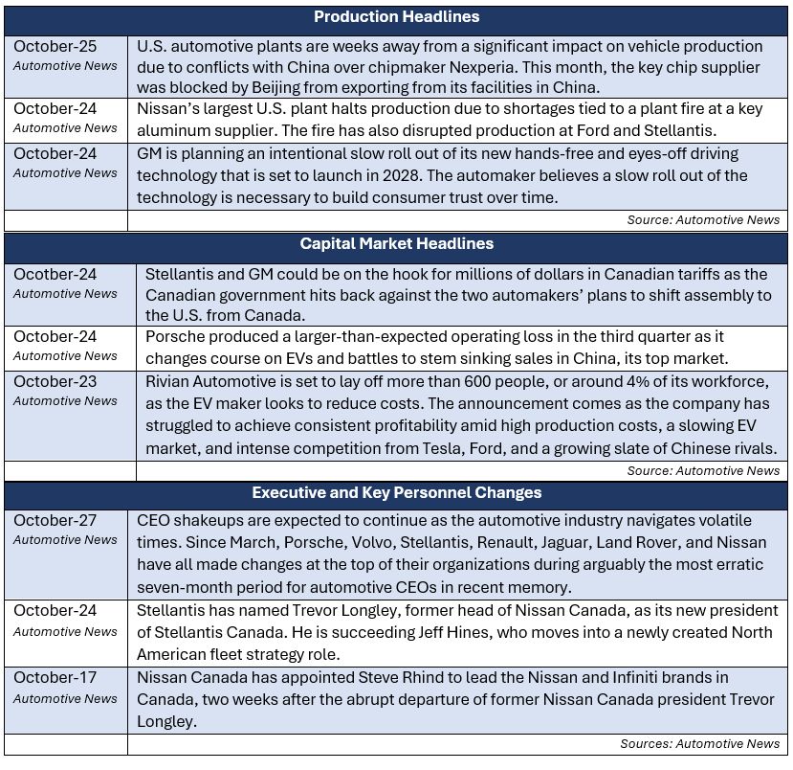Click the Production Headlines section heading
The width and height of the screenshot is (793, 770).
[396, 17]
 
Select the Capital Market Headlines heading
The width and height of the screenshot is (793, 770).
[396, 243]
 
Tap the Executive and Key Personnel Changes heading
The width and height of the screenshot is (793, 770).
[396, 492]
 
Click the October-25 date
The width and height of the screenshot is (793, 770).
[55, 46]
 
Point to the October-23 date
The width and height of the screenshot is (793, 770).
[55, 381]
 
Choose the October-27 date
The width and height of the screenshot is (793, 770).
[55, 520]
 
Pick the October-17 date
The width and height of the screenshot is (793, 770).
[55, 678]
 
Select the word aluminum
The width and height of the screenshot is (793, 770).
[174, 131]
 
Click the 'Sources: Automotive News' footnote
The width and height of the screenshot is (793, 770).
[699, 743]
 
